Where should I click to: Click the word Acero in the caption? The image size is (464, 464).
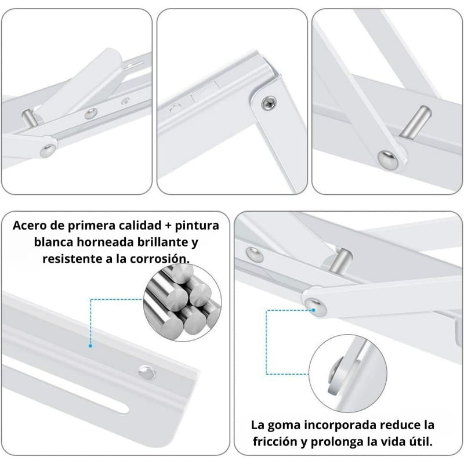pos(30,226)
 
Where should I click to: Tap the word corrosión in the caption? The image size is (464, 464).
pos(159,259)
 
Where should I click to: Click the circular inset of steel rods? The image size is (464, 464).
pos(182,303)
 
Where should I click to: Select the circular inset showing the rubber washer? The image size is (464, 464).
pos(347,374)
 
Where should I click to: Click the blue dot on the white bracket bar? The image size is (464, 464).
pos(90,346)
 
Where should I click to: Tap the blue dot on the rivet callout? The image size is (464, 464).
pos(314,310)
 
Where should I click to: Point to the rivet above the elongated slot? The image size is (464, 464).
pos(147,372)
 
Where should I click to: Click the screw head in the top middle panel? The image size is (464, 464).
pos(269,103)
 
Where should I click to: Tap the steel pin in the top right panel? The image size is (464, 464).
pos(415,122)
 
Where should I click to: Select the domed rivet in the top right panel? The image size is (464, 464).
pos(388,159)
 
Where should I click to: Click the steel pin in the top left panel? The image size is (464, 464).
pos(30,118)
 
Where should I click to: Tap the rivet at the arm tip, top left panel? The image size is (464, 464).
pos(48,150)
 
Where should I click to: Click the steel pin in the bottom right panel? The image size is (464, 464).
pos(340,260)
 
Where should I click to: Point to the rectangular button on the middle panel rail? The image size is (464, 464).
pos(204,92)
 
